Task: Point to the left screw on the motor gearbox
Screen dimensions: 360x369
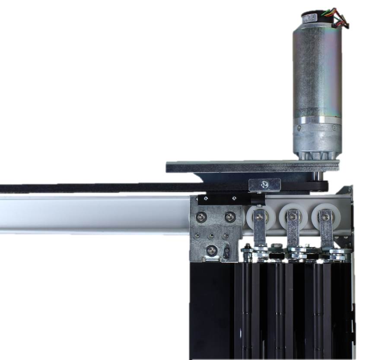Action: point(298,128)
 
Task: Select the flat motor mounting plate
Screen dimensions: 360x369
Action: point(252,166)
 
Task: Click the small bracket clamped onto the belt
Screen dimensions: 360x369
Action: point(264,185)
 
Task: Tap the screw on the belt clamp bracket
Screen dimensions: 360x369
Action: point(264,185)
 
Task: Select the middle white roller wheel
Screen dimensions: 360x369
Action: point(293,216)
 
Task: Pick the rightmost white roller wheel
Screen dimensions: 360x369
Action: point(325,216)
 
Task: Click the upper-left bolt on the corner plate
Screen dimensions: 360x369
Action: point(201,216)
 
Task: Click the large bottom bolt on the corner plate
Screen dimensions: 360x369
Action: point(211,249)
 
